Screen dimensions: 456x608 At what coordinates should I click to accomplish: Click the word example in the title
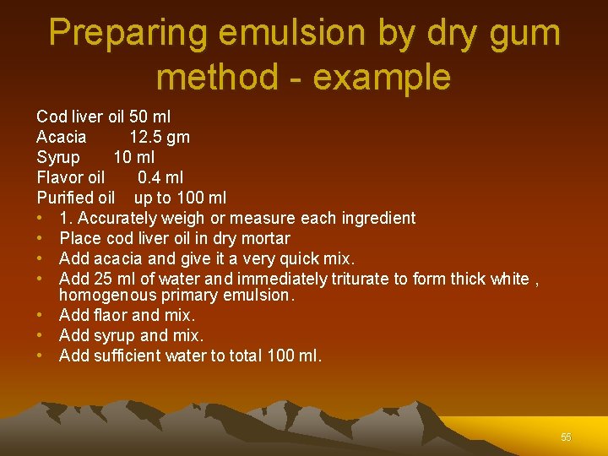[x=381, y=78]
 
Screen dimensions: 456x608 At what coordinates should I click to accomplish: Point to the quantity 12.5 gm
[x=160, y=137]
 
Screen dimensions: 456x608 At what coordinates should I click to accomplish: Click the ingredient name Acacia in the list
[x=62, y=137]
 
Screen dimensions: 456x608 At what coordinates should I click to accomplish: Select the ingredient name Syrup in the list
[x=58, y=157]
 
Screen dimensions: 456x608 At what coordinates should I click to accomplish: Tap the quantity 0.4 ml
[x=160, y=177]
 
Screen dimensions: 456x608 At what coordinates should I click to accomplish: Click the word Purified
[x=64, y=198]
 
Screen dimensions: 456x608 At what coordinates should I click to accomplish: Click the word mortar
[x=265, y=238]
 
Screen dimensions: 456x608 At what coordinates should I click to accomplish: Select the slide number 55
[x=566, y=437]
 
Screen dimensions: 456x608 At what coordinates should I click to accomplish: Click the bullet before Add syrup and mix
[x=41, y=335]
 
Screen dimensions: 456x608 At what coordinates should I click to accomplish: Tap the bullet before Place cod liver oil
[x=41, y=238]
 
